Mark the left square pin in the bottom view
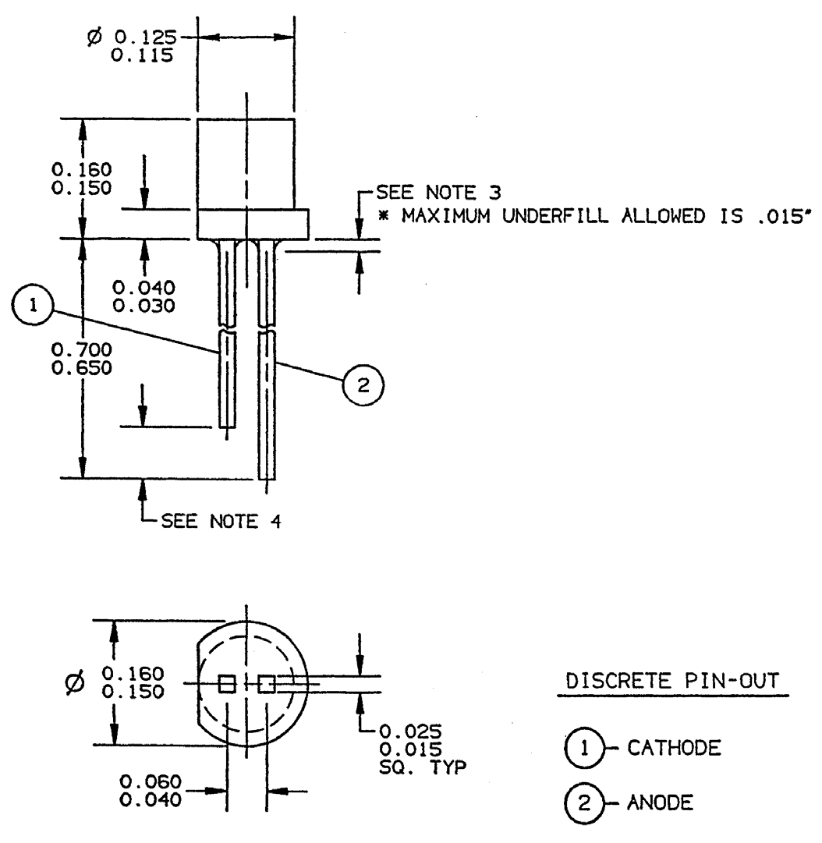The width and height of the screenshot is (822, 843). [226, 684]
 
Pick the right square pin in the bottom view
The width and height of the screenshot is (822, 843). [267, 684]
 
